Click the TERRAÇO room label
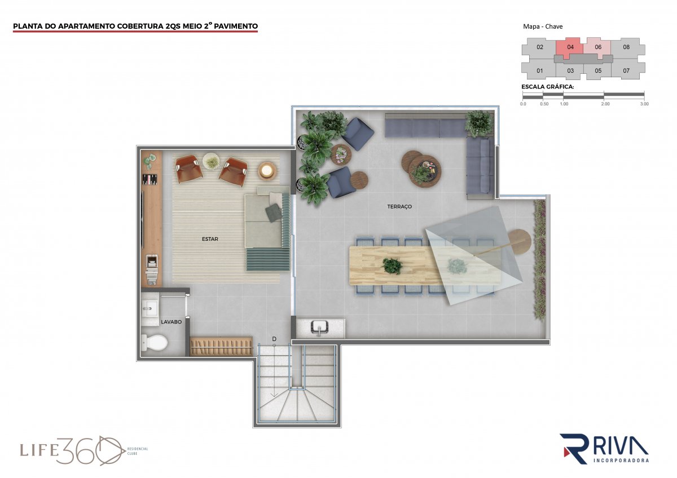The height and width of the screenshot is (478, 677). [399, 206]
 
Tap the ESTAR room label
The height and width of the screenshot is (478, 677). [210, 239]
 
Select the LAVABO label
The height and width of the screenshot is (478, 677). [171, 322]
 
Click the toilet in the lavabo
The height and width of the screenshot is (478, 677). [154, 342]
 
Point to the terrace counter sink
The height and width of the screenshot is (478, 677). [319, 328]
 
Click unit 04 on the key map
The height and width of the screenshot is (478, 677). [570, 47]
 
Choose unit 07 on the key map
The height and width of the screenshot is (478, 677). [626, 70]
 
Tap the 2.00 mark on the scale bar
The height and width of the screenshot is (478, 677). [605, 104]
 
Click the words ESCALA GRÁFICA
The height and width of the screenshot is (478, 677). [547, 87]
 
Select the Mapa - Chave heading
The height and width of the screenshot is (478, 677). [543, 26]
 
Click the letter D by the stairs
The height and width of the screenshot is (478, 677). [274, 339]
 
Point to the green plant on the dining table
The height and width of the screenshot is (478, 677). [392, 265]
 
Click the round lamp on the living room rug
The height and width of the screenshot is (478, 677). [267, 171]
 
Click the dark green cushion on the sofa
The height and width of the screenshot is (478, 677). [274, 213]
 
